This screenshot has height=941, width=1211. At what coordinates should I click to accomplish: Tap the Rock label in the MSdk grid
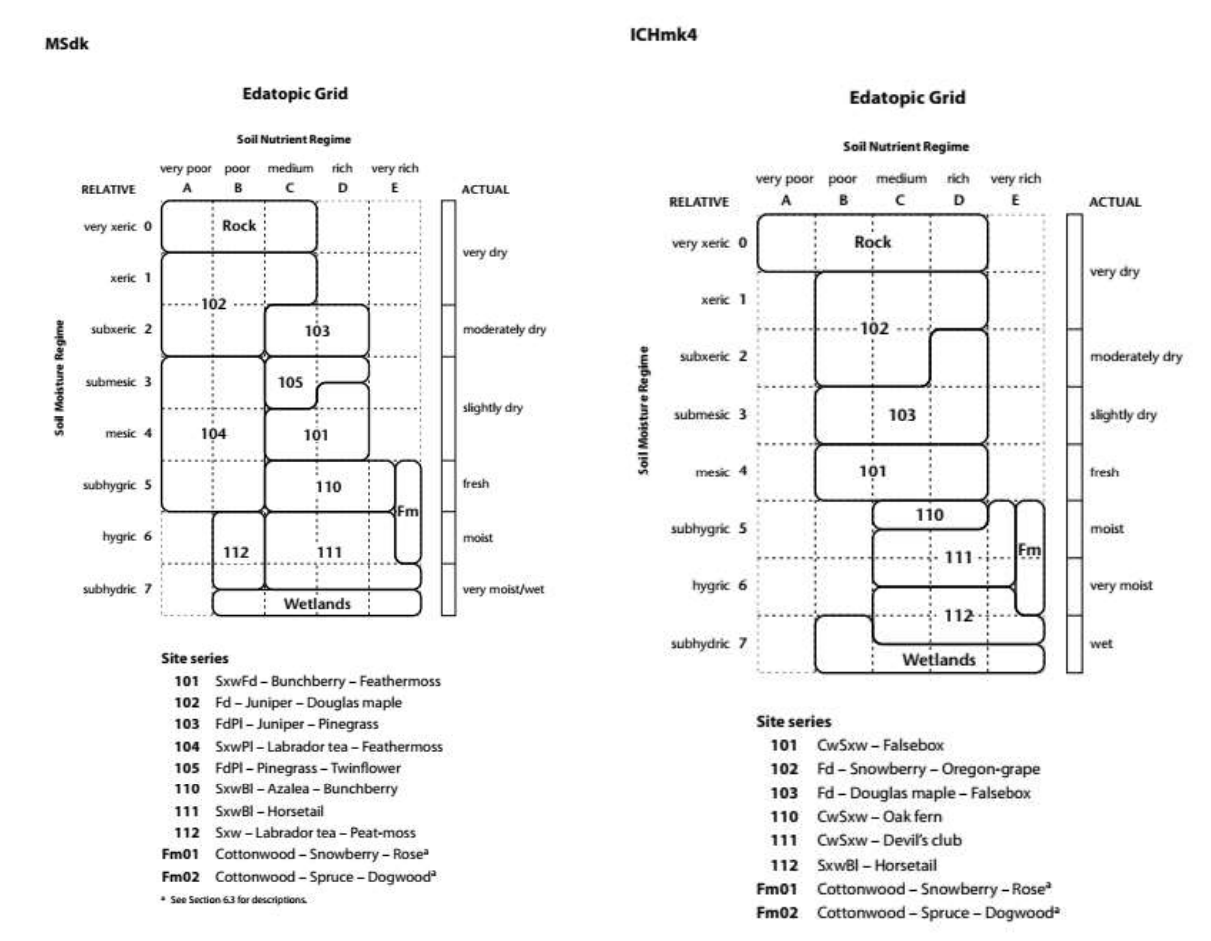coord(239,225)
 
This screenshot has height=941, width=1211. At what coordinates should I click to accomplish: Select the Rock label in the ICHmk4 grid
coord(872,242)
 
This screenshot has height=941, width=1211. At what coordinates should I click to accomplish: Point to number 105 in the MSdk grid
coord(290,383)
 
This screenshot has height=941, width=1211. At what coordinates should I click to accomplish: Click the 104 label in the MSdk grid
coord(213,434)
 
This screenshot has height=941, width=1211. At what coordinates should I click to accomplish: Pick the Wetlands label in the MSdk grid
coord(316,603)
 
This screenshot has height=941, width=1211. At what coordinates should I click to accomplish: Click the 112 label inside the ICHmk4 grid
coord(958,614)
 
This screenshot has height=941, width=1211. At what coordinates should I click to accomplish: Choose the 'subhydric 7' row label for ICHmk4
coord(707,643)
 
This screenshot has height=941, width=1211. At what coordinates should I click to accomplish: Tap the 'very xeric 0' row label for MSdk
coord(118,226)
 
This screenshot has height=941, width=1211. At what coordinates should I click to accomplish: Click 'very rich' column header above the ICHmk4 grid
coord(1015,179)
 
